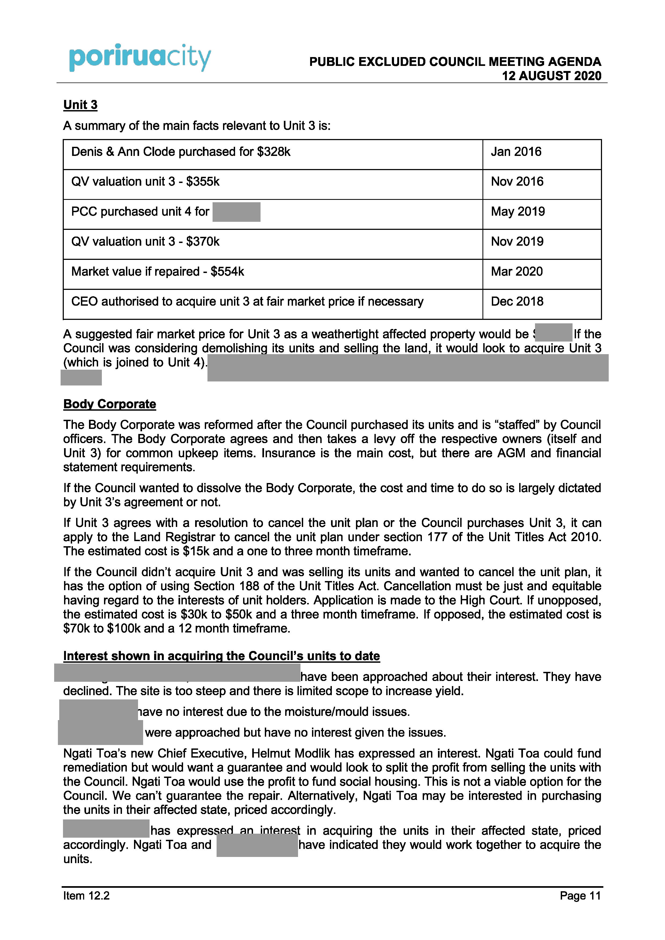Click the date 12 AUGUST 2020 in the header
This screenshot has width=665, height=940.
tap(552, 76)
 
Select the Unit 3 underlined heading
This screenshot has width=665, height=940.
tap(80, 105)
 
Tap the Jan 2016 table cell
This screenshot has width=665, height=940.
tap(516, 152)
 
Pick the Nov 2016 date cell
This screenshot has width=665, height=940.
tap(517, 182)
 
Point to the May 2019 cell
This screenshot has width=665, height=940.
tap(518, 212)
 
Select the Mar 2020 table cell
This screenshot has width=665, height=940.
tap(517, 271)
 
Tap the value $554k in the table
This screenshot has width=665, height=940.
tap(227, 271)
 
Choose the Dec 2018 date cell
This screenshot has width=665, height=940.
tap(517, 301)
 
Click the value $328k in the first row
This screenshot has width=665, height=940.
tap(274, 152)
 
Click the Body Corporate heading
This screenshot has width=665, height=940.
tap(109, 404)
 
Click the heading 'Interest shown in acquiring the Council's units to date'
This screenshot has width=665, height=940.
tap(221, 656)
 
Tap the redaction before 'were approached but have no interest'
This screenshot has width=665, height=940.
tap(101, 732)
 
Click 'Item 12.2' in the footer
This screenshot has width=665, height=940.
tap(87, 896)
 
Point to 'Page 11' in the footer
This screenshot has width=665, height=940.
tap(580, 896)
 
